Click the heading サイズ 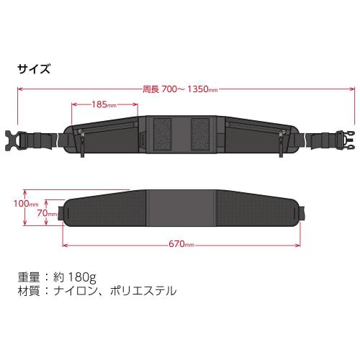(x=34, y=70)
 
